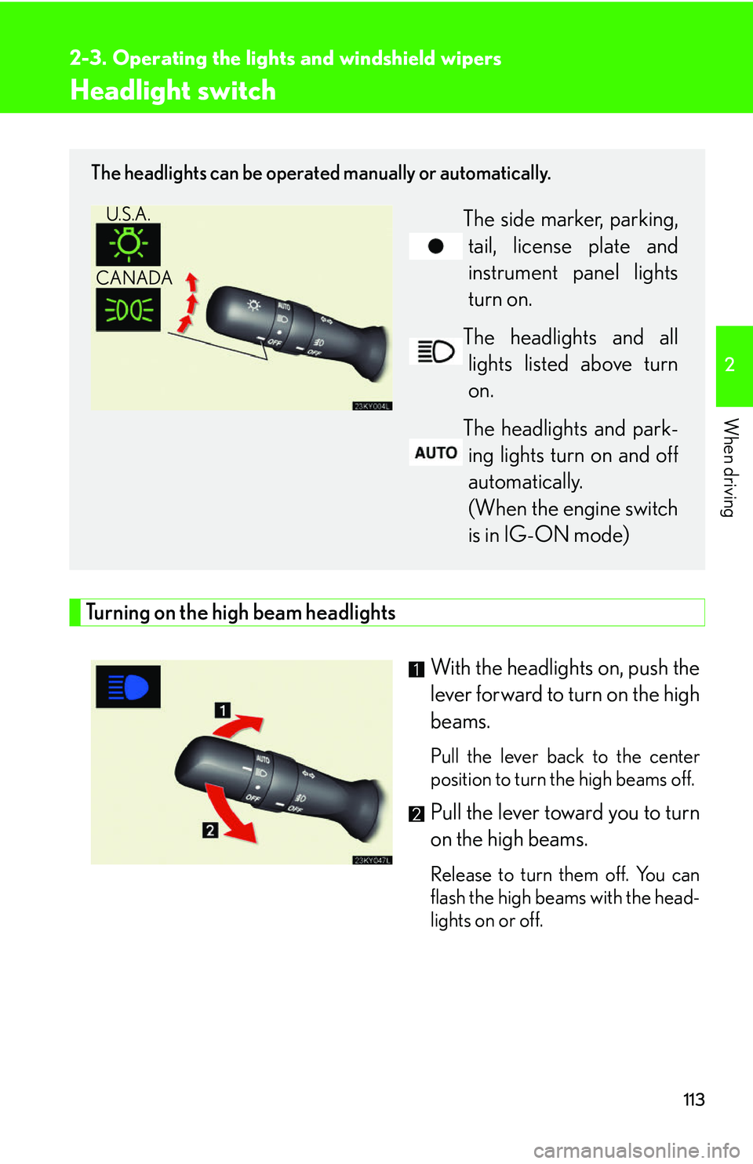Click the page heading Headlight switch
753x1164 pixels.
pyautogui.click(x=173, y=91)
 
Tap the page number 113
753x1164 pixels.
pyautogui.click(x=693, y=1100)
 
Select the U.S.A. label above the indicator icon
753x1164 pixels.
pyautogui.click(x=128, y=214)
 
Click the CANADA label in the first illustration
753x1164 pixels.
pyautogui.click(x=133, y=278)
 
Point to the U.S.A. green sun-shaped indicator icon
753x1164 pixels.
pyautogui.click(x=128, y=245)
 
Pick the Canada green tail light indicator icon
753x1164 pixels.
pyautogui.click(x=128, y=310)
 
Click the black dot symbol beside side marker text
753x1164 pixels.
pyautogui.click(x=435, y=246)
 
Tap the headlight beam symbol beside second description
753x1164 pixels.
pyautogui.click(x=435, y=351)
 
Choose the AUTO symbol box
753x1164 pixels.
pyautogui.click(x=435, y=453)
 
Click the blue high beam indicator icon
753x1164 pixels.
pyautogui.click(x=128, y=687)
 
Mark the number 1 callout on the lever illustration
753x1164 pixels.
pyautogui.click(x=223, y=710)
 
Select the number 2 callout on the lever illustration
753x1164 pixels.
pyautogui.click(x=210, y=829)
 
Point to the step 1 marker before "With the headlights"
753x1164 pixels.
pyautogui.click(x=417, y=669)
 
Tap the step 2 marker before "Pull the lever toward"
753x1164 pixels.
pyautogui.click(x=417, y=813)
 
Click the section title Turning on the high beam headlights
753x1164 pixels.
pyautogui.click(x=240, y=613)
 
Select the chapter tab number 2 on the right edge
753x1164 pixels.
pyautogui.click(x=730, y=365)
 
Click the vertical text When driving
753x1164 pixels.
pyautogui.click(x=730, y=467)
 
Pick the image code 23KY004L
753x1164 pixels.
pyautogui.click(x=372, y=406)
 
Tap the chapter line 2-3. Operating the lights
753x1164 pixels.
pyautogui.click(x=285, y=59)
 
